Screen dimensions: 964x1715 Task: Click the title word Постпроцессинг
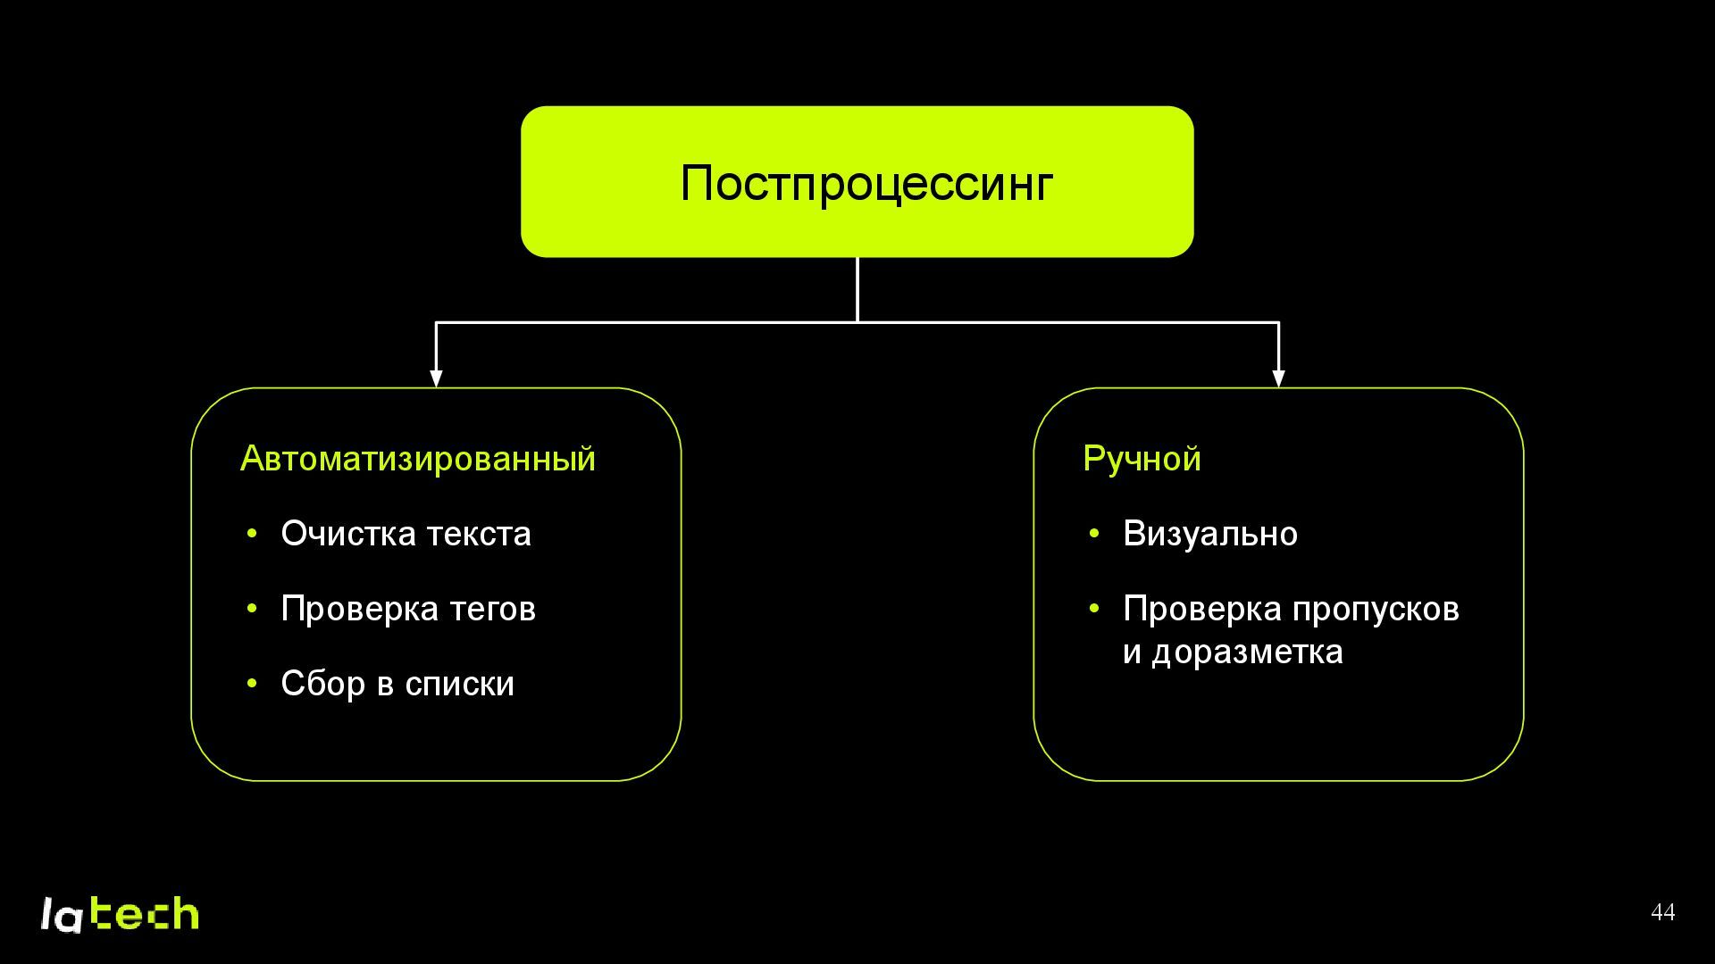click(866, 183)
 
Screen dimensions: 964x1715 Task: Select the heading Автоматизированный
click(417, 459)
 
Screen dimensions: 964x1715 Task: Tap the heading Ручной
click(1142, 459)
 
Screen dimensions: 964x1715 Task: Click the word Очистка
click(348, 534)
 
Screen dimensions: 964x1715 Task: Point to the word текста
click(479, 534)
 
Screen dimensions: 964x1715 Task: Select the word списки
click(459, 685)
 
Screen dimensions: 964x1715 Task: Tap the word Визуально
click(1209, 534)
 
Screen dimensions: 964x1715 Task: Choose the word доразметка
click(1247, 652)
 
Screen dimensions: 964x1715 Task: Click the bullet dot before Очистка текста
click(252, 534)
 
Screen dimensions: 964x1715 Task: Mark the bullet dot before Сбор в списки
click(252, 684)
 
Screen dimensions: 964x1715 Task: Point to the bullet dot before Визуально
click(1094, 534)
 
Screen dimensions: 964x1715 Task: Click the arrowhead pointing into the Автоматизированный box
click(436, 378)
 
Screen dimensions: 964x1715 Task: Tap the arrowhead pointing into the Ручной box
click(1278, 378)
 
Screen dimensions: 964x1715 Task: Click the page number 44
click(1662, 912)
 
